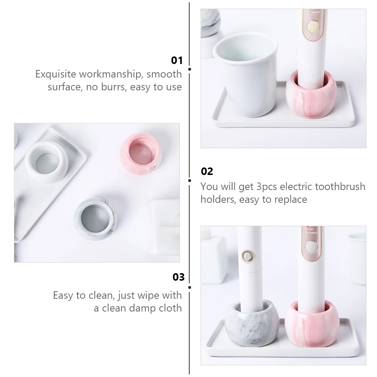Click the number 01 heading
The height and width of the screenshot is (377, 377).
[176, 60]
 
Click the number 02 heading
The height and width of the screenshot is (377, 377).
[207, 172]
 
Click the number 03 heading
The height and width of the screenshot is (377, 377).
[179, 277]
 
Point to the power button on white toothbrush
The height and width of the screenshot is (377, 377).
[247, 256]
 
